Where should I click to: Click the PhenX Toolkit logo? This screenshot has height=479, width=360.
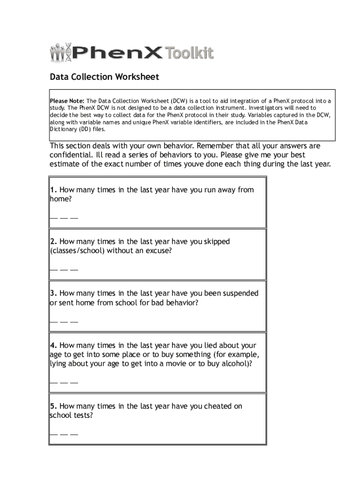[131, 52]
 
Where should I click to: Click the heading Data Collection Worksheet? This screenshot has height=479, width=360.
[105, 77]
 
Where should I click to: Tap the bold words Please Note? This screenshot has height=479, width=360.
[67, 101]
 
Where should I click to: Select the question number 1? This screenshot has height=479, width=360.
[54, 190]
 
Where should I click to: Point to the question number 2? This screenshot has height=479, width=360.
[54, 242]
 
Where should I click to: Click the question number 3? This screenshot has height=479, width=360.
[54, 294]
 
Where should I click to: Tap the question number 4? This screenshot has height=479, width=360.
[54, 346]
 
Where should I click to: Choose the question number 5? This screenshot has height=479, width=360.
[54, 406]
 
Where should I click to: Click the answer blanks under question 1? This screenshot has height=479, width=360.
[64, 218]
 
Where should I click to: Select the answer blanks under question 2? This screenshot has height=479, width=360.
[64, 270]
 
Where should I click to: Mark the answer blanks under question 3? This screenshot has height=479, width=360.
[64, 322]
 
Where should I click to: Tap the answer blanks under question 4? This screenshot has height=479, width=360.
[64, 383]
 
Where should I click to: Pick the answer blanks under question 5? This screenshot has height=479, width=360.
[64, 435]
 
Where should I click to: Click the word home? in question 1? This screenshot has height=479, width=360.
[61, 199]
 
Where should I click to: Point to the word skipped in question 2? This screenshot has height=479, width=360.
[216, 242]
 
